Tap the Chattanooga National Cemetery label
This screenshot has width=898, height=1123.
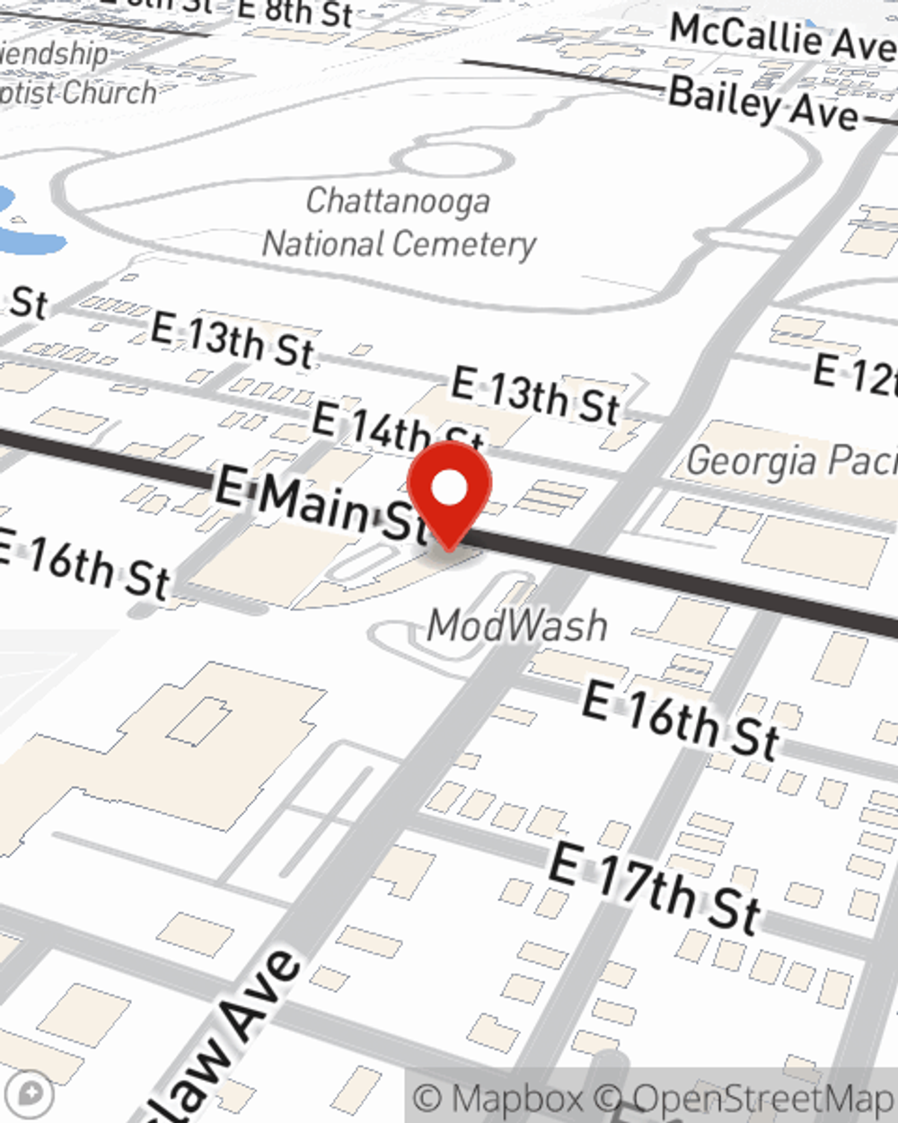point(399,223)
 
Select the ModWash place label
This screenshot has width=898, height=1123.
point(516,625)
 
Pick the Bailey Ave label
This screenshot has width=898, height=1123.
point(763,104)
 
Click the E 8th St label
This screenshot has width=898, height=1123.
point(295,13)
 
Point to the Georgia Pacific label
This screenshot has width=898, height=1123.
point(790,460)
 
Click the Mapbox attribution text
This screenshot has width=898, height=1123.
point(499,1098)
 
